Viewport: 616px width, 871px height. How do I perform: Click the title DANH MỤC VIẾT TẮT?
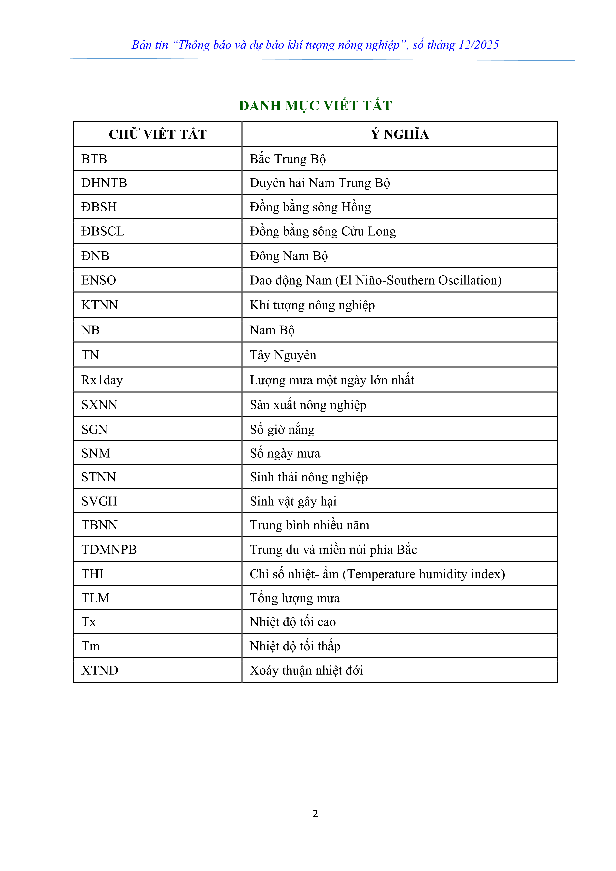[315, 106]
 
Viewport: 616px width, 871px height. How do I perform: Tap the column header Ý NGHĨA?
[399, 134]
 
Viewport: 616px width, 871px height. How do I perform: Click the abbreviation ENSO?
[99, 280]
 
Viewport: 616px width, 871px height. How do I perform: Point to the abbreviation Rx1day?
[102, 380]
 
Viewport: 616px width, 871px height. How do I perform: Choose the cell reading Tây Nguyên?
[283, 355]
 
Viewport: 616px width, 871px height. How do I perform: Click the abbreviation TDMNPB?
[109, 550]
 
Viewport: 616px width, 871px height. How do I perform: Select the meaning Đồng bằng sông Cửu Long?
[323, 231]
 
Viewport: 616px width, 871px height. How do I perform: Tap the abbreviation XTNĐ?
[100, 670]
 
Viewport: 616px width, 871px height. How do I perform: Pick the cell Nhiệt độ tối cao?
[292, 622]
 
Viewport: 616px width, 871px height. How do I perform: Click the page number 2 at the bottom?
[315, 813]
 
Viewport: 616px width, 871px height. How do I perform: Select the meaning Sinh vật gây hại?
[293, 502]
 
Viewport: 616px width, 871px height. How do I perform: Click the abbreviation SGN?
[94, 430]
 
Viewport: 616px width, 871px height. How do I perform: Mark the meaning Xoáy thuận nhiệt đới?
[306, 670]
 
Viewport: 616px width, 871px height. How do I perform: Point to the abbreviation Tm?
[90, 646]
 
